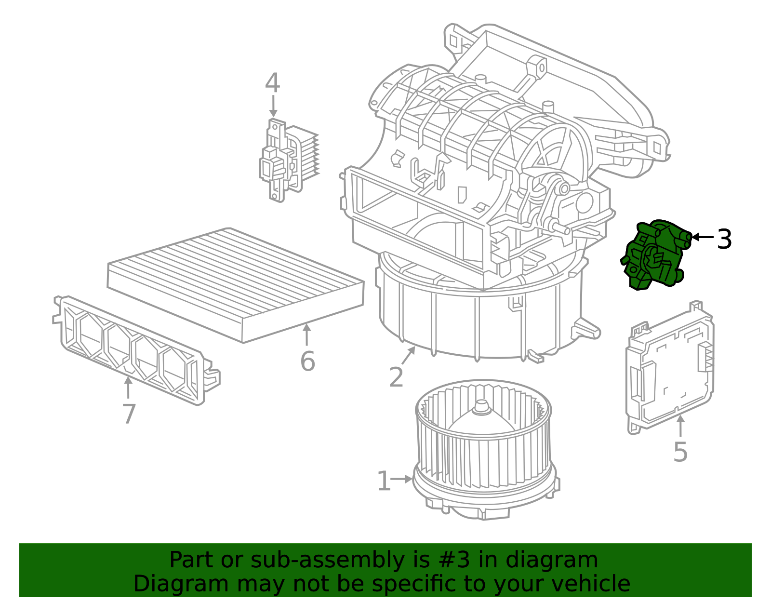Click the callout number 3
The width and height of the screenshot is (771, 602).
[724, 240]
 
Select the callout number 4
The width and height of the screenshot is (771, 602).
[272, 83]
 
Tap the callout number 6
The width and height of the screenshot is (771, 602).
[307, 361]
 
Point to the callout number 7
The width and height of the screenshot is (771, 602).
[129, 414]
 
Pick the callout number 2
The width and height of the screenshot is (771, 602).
[396, 377]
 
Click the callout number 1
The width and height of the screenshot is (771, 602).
[384, 482]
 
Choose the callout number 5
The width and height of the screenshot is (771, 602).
[680, 452]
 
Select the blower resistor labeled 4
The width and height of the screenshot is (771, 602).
[288, 159]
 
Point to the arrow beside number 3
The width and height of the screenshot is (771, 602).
[703, 237]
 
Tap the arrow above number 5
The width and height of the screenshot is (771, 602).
[680, 426]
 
